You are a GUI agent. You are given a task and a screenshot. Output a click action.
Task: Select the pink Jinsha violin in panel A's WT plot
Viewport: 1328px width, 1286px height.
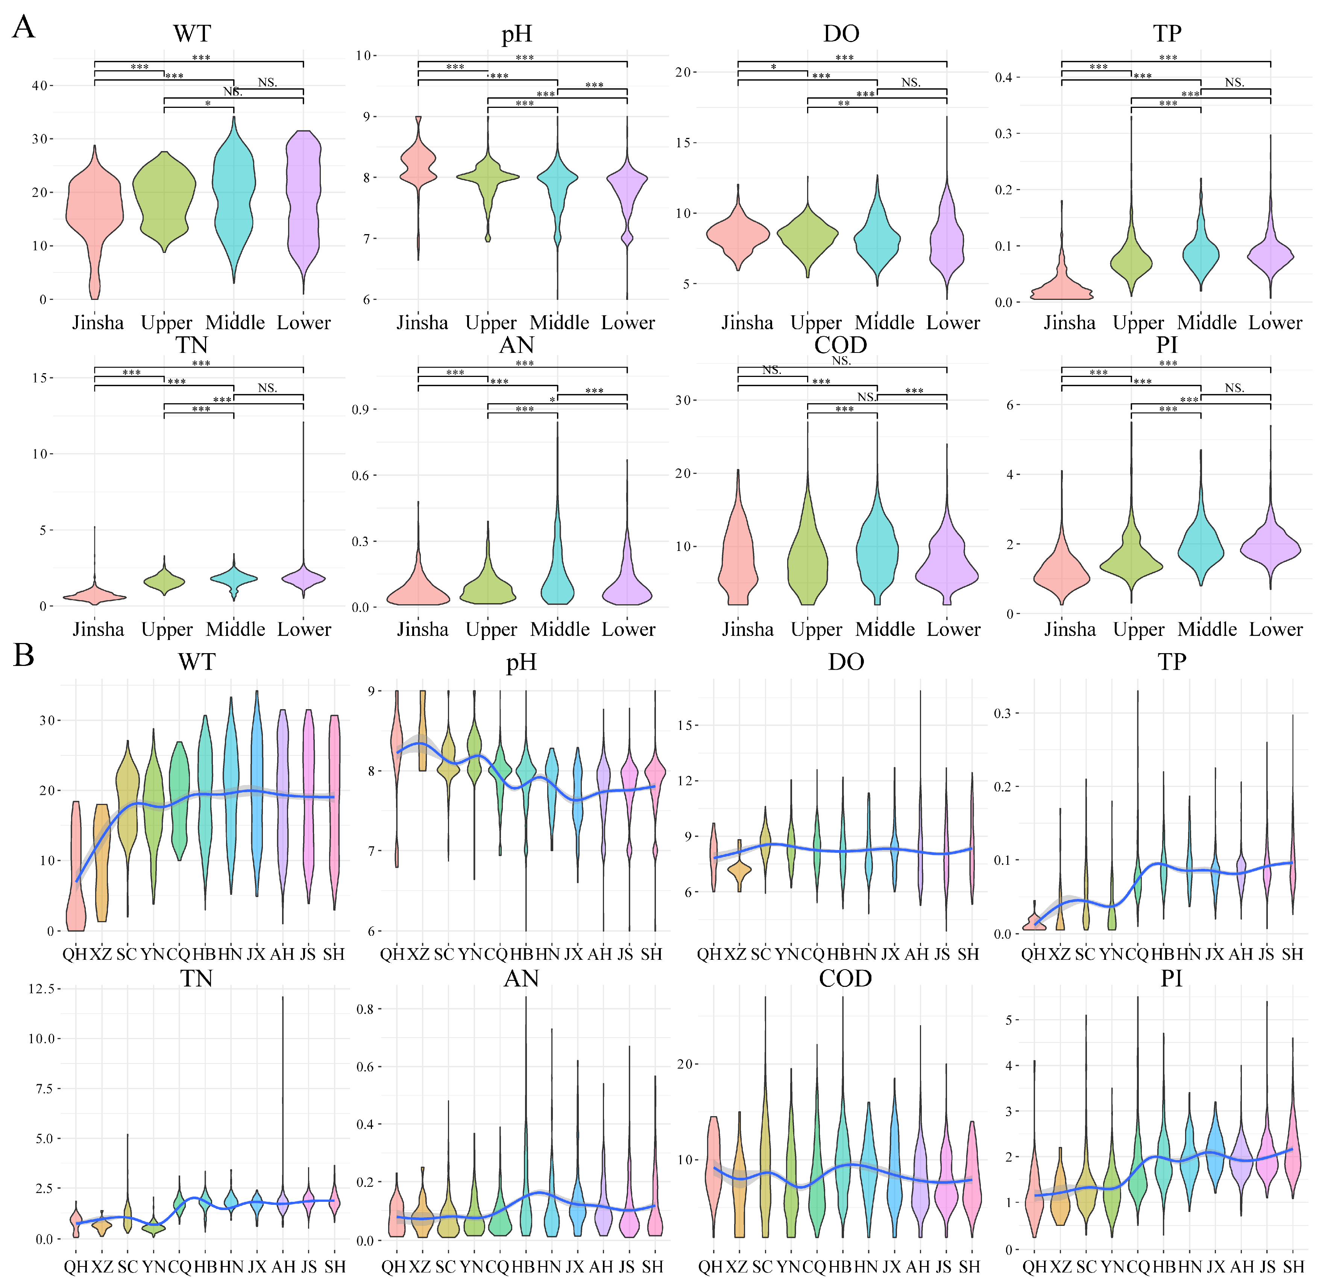95,217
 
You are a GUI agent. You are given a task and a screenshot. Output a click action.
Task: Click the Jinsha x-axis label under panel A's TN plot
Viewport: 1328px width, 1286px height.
98,629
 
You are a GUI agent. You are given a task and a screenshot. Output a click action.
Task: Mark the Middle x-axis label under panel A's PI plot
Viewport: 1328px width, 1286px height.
1207,629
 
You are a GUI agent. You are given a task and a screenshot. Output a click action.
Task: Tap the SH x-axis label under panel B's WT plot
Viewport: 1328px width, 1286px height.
334,954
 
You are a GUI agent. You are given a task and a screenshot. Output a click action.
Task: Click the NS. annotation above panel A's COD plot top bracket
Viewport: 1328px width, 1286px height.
841,361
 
